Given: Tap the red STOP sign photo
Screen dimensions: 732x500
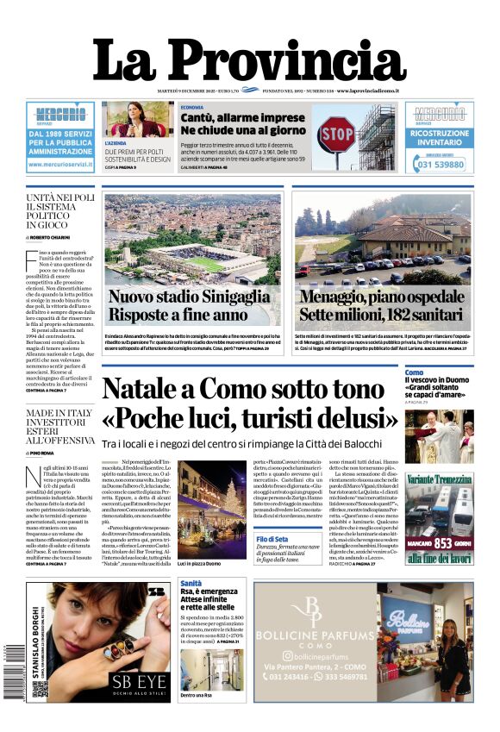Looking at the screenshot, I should pyautogui.click(x=336, y=135).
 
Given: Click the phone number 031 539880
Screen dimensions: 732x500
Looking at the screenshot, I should pyautogui.click(x=440, y=164).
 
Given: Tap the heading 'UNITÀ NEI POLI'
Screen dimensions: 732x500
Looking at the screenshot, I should pyautogui.click(x=60, y=197).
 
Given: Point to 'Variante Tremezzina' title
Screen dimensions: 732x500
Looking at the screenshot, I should pyautogui.click(x=440, y=479).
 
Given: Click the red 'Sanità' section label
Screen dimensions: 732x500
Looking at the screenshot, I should pyautogui.click(x=191, y=584).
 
